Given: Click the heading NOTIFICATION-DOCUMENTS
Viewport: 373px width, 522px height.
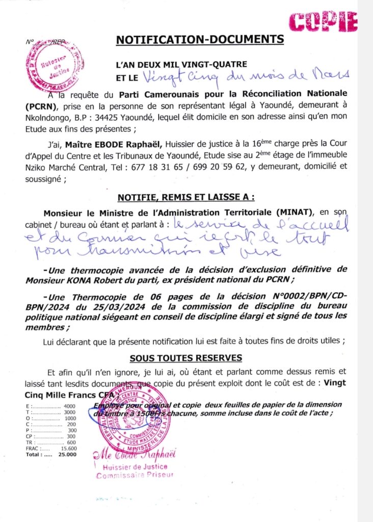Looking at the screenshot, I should click(200, 39).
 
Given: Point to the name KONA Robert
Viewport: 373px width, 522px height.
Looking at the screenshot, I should click(106, 279).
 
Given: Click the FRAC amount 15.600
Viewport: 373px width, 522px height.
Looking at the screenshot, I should click(68, 448).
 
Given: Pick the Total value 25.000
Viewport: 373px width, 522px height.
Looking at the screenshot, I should click(67, 454).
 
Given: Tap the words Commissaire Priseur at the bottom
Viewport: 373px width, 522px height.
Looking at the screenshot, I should click(135, 475).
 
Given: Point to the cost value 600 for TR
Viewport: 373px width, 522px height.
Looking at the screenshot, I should click(71, 442).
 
